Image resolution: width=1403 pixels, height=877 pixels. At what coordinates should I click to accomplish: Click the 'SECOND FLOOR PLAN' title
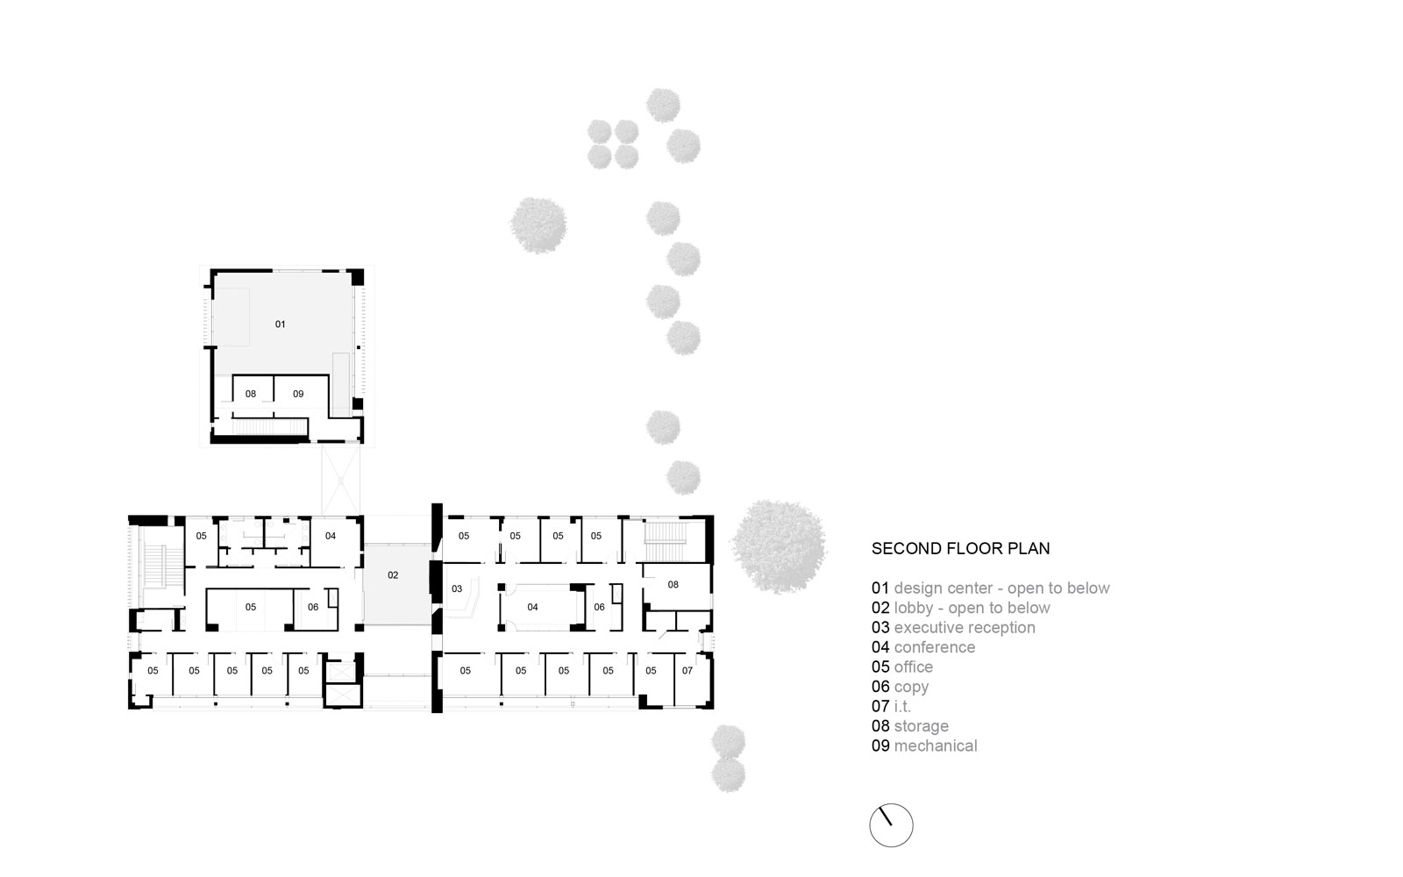960,549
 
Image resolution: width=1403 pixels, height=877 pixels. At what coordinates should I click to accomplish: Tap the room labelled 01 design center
280,324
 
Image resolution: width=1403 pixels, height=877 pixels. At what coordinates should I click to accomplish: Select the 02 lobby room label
393,575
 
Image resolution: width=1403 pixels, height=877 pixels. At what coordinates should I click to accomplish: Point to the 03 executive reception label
457,588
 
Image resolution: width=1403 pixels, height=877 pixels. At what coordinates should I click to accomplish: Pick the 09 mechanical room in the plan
298,394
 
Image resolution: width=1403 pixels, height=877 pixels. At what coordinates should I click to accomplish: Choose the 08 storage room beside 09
251,394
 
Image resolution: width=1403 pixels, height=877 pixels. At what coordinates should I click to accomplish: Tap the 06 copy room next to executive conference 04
600,607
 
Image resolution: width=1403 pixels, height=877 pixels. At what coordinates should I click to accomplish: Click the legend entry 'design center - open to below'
1001,588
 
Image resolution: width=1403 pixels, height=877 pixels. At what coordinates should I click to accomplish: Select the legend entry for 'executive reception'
965,628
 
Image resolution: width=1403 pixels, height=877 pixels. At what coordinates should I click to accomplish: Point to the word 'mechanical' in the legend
936,746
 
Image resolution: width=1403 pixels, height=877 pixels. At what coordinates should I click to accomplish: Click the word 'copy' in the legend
911,688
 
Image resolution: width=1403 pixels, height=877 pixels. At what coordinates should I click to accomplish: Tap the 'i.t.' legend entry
902,707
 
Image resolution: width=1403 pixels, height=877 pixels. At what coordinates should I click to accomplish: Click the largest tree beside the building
778,546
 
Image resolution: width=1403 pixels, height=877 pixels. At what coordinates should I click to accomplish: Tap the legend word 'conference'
935,647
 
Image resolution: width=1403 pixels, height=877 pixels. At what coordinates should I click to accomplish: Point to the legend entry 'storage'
922,726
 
